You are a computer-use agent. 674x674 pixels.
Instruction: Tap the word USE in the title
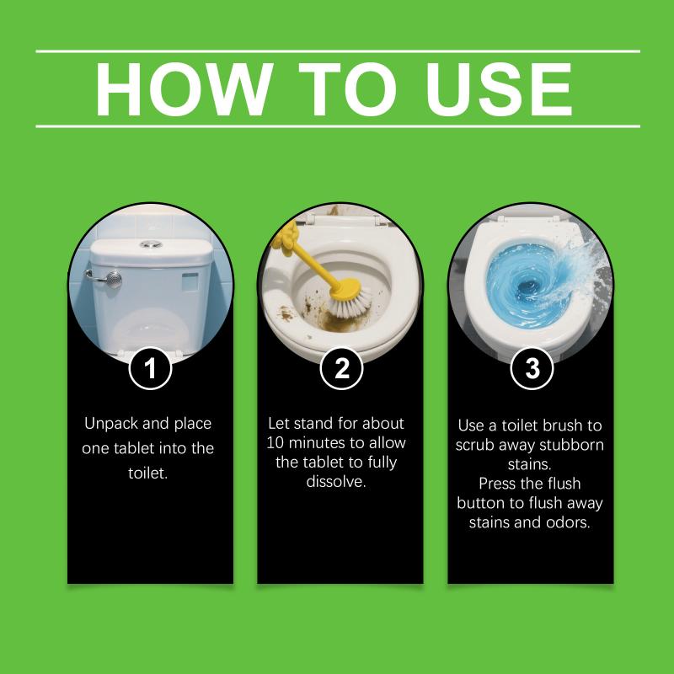499,89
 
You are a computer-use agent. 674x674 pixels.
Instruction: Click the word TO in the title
347,89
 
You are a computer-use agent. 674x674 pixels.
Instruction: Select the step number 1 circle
150,368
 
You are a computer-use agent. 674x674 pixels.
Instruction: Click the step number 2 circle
341,368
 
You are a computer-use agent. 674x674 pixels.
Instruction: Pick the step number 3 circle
532,368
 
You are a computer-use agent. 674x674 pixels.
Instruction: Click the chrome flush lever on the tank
105,279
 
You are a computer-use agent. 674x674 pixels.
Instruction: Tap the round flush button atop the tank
151,244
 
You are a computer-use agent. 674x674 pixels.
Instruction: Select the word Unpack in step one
111,424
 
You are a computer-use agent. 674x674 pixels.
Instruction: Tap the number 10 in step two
274,443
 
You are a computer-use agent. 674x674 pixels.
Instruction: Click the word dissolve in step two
336,481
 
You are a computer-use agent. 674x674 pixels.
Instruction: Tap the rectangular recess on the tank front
190,281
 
